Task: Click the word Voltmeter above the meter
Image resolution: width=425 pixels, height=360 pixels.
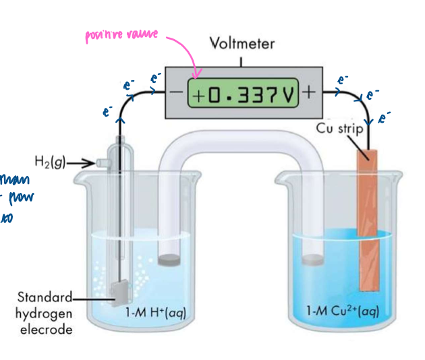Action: [x=242, y=44]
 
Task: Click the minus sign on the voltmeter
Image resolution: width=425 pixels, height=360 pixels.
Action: [x=177, y=94]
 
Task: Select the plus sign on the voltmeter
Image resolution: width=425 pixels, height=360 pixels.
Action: [x=310, y=93]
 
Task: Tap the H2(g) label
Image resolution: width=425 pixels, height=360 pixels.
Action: [x=49, y=162]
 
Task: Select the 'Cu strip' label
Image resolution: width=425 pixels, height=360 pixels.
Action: [x=341, y=128]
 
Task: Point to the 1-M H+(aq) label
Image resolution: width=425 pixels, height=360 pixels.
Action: [x=156, y=312]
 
